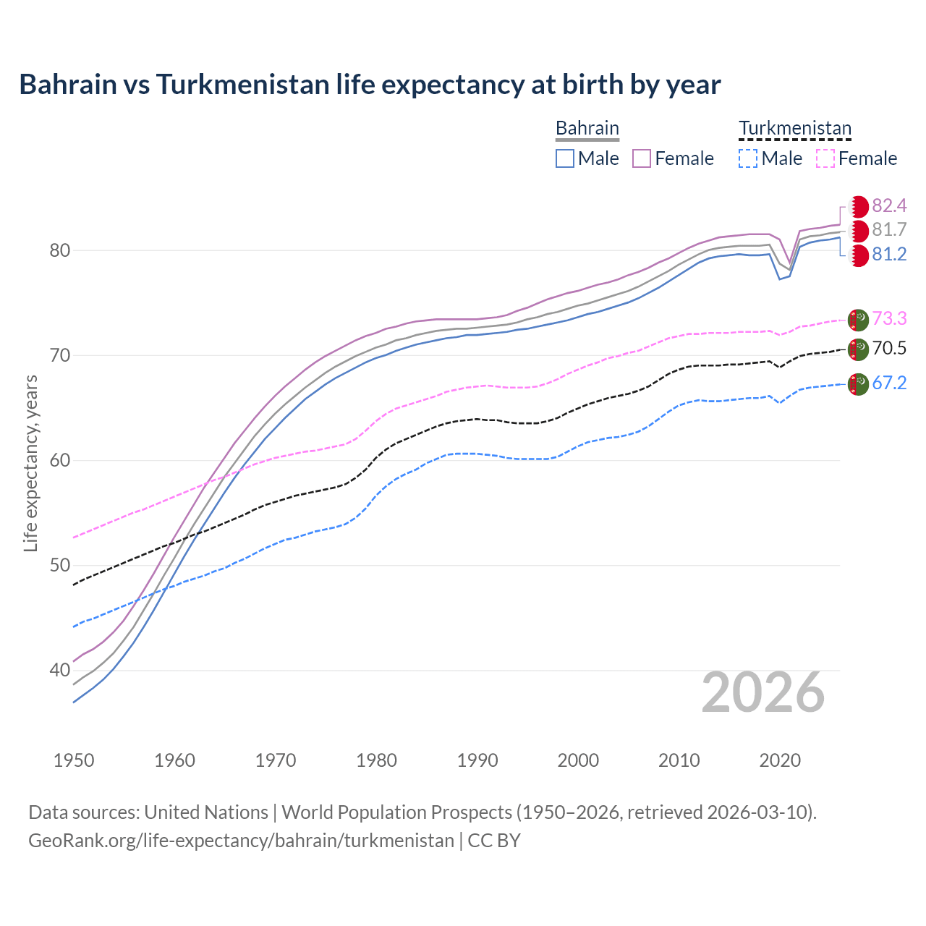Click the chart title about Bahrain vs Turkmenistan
point(370,85)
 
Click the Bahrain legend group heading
point(587,129)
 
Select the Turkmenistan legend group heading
point(794,129)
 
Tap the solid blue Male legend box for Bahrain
point(565,158)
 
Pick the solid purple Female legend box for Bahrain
point(642,158)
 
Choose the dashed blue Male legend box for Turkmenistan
point(748,158)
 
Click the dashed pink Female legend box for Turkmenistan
point(825,158)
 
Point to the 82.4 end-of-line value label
point(889,206)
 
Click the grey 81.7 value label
point(889,230)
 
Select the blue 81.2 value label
point(889,255)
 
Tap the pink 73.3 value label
point(889,318)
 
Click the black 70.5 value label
point(889,349)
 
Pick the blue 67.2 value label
point(889,383)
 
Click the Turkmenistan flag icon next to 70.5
point(858,349)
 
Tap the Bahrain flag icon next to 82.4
point(859,206)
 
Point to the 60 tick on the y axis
point(59,461)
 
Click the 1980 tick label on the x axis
point(376,760)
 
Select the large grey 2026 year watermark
point(763,693)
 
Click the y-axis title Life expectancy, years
point(30,463)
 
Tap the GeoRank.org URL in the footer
point(241,841)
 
